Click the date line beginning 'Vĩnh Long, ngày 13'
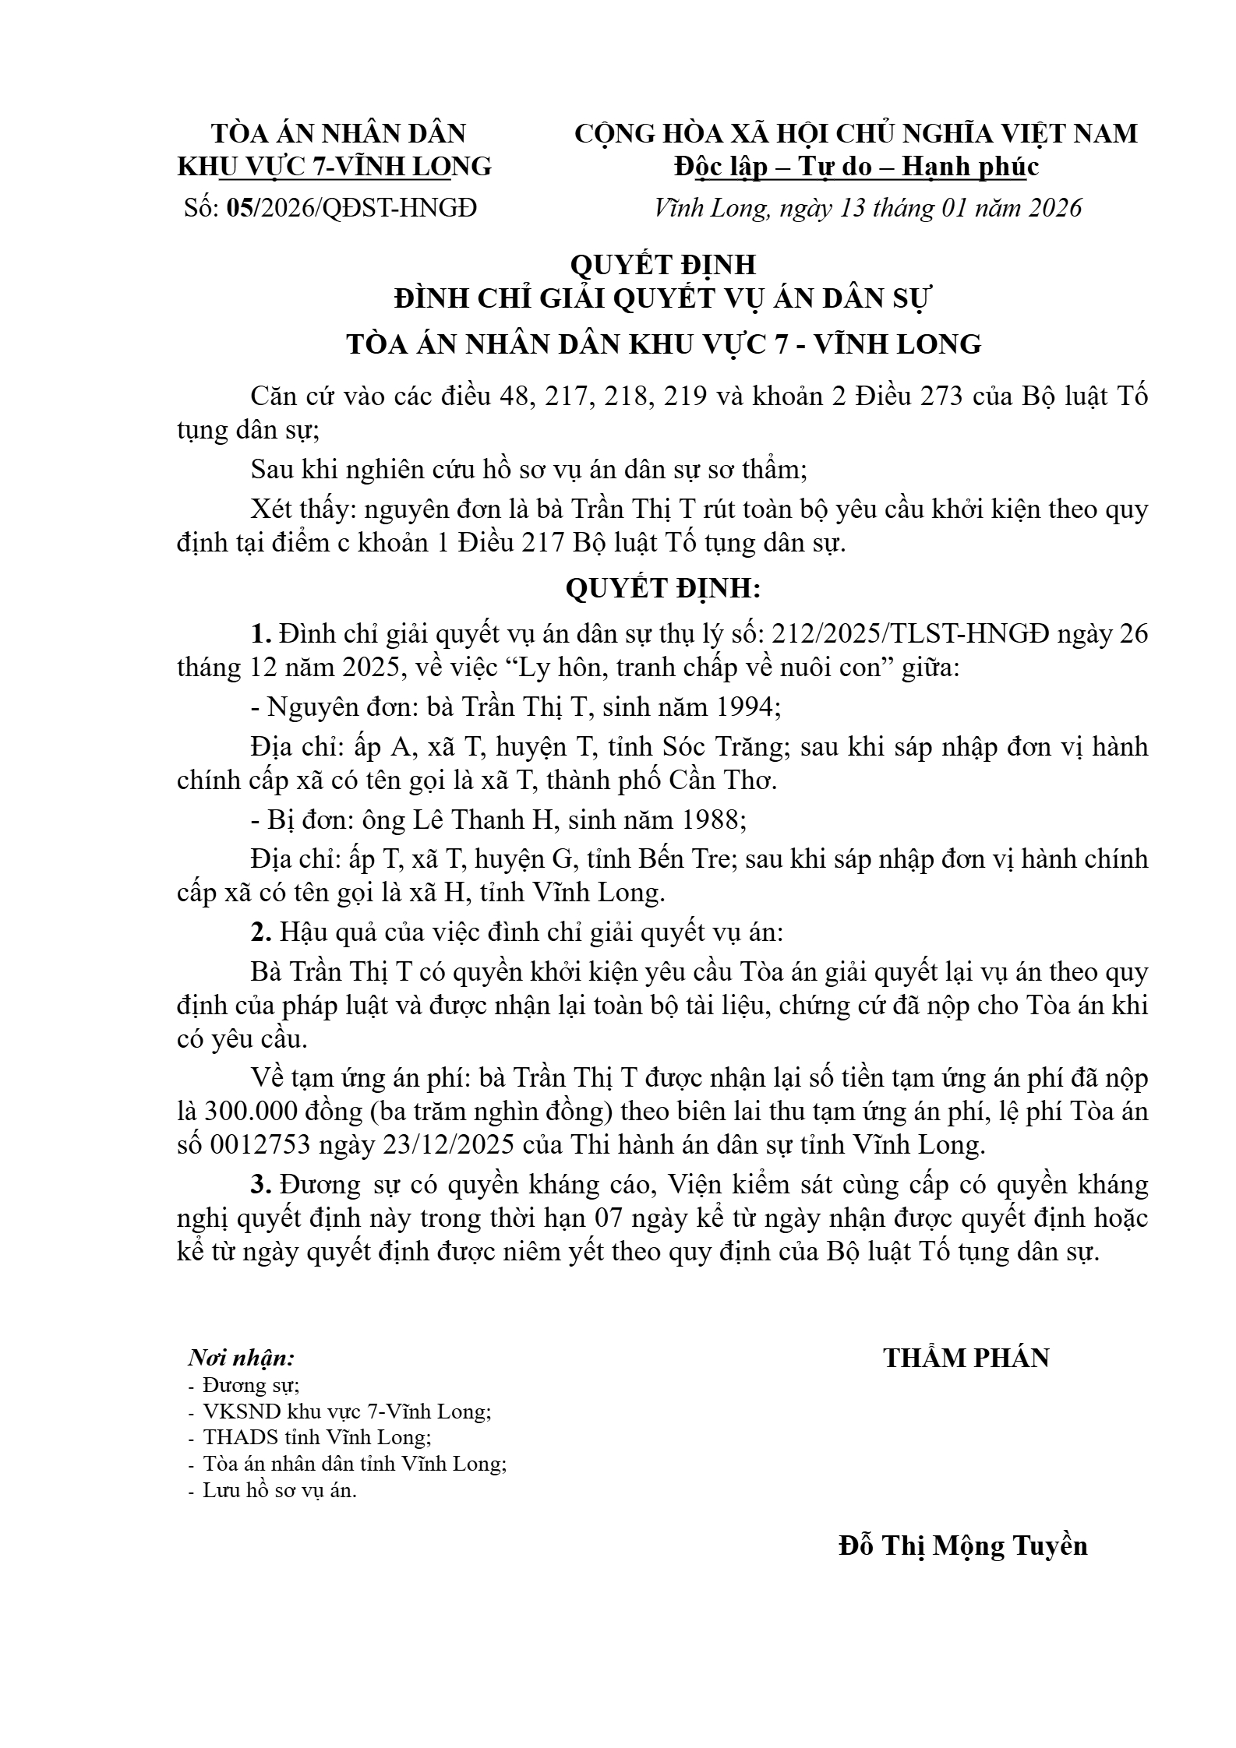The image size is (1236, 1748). point(868,208)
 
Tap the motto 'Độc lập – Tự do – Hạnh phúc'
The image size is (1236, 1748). point(856,167)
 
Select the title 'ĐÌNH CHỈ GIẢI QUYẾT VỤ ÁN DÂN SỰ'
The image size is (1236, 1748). point(663,299)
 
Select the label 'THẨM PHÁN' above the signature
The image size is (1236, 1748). point(966,1359)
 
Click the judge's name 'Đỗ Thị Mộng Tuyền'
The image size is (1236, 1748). point(962,1545)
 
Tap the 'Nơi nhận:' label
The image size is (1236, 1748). point(242,1359)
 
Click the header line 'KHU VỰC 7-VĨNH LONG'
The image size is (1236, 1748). point(335,167)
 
